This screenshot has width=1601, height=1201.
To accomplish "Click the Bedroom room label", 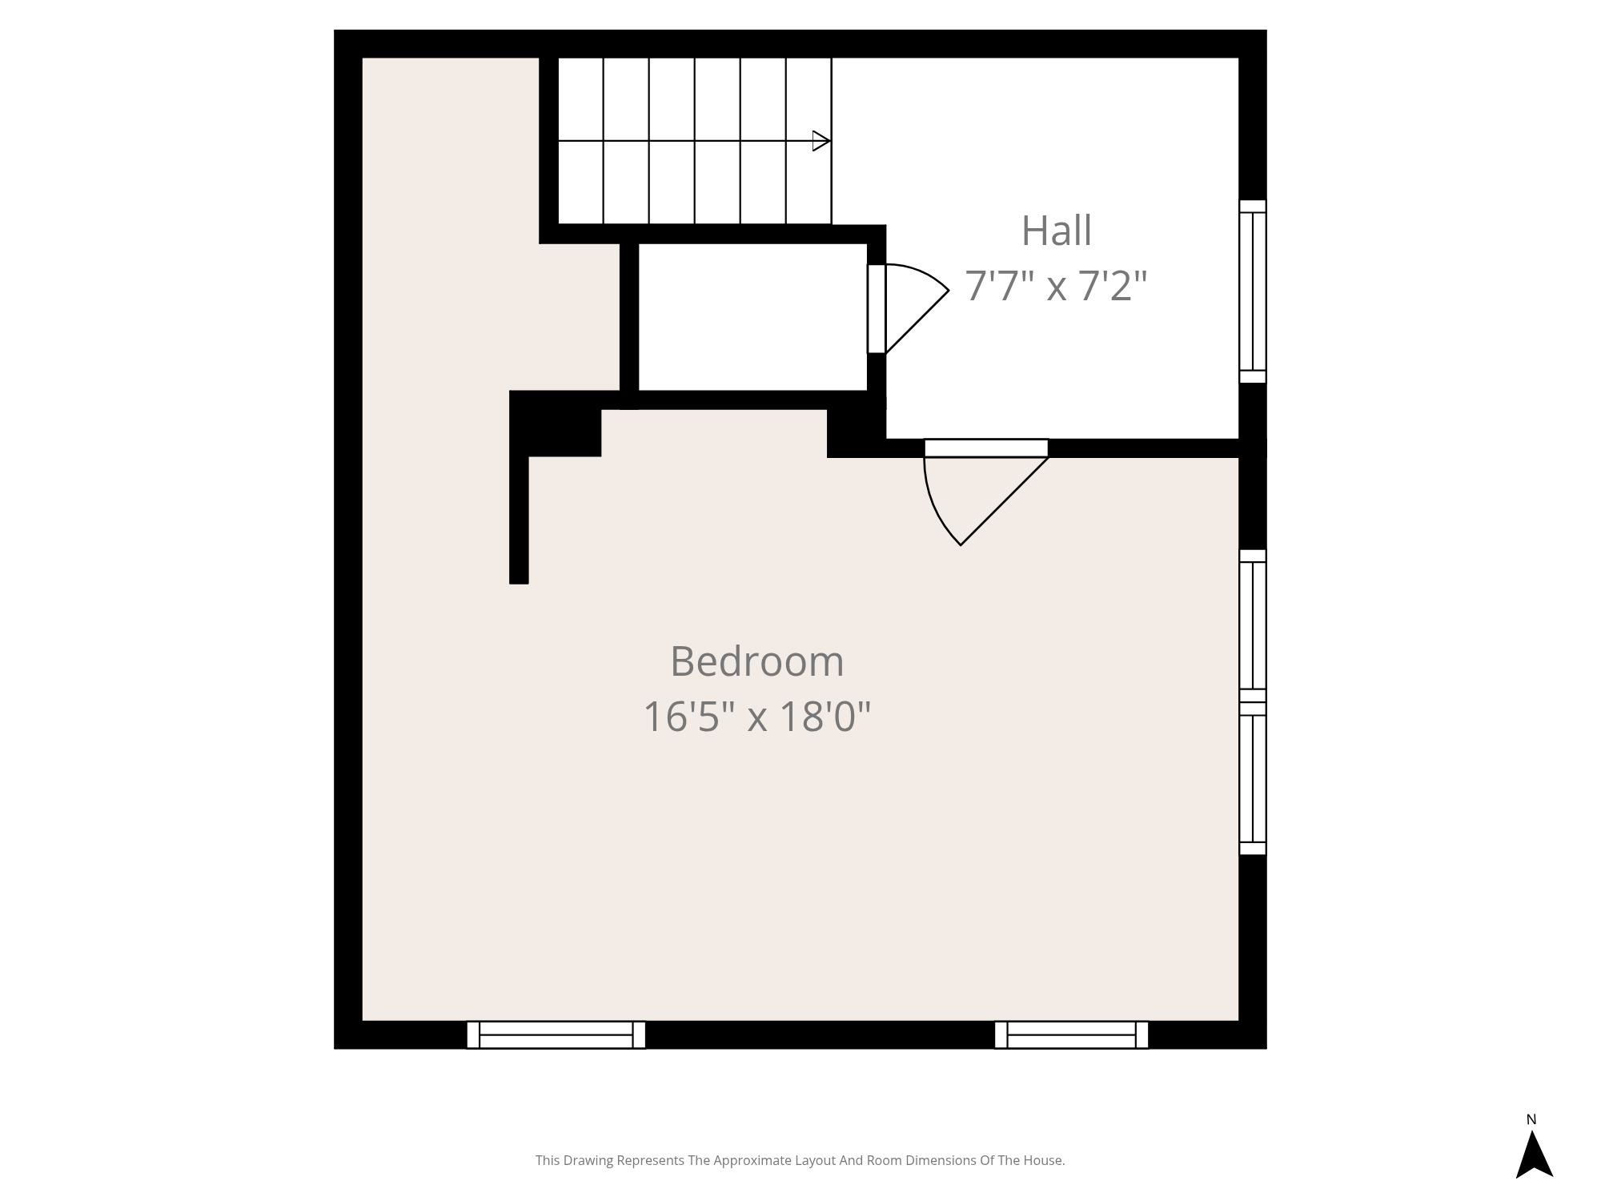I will [x=756, y=661].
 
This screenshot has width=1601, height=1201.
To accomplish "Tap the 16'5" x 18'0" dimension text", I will [x=756, y=716].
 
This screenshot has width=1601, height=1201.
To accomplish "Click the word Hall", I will [x=1056, y=231].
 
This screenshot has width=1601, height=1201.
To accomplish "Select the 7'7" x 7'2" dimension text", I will [x=1056, y=286].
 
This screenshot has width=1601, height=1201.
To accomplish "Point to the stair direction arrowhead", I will [x=821, y=141].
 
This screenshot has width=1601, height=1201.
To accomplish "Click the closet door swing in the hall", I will [x=913, y=304].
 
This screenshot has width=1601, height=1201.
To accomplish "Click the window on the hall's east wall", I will [x=1253, y=291].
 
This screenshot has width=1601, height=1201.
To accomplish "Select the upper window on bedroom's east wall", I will [x=1253, y=625].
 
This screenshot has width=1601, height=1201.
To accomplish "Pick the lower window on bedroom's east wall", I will [x=1253, y=778].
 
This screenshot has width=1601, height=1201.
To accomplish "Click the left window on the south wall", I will [x=556, y=1034].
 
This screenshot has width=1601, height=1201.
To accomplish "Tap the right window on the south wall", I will [x=1071, y=1034].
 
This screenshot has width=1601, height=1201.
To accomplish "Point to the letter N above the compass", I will [x=1531, y=1119].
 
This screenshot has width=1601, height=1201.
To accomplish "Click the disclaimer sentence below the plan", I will [x=800, y=1160].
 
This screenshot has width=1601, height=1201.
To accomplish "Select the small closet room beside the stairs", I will [x=752, y=317].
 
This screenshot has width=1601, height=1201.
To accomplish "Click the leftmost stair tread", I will [x=580, y=141].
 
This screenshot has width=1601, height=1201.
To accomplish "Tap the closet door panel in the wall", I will [x=877, y=308].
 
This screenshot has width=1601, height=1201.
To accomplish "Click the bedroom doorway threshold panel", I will [x=986, y=448].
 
